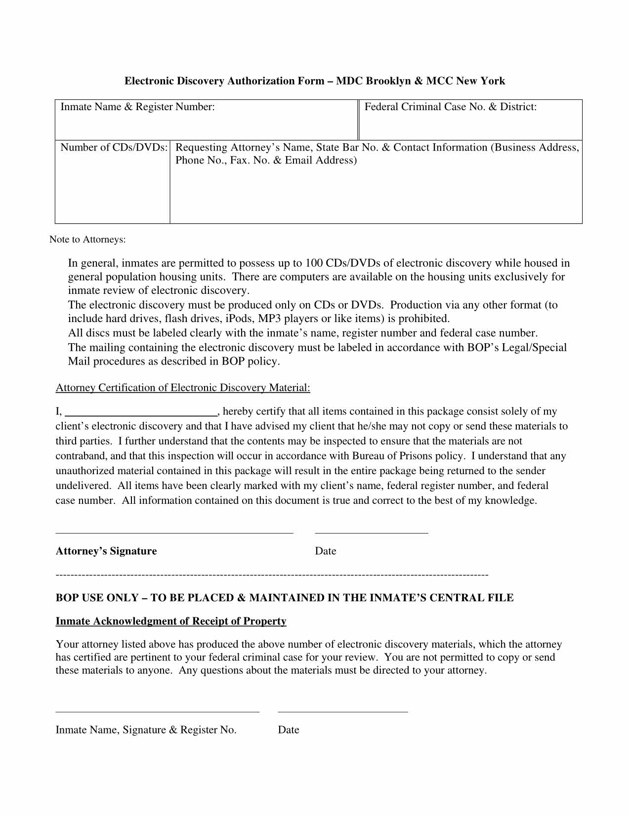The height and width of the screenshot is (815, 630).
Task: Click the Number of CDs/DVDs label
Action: pyautogui.click(x=114, y=148)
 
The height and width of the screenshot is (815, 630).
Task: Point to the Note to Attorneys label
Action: pyautogui.click(x=87, y=240)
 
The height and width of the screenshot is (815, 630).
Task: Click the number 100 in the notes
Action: pyautogui.click(x=314, y=263)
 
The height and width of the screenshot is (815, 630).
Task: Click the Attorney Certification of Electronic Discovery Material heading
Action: pyautogui.click(x=183, y=388)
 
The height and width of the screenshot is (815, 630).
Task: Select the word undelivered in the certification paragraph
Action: pyautogui.click(x=83, y=486)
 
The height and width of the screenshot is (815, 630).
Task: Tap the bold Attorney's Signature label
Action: pyautogui.click(x=106, y=551)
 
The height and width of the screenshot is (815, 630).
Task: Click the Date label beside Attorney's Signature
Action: pyautogui.click(x=325, y=551)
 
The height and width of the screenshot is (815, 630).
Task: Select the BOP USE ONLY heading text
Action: pyautogui.click(x=284, y=598)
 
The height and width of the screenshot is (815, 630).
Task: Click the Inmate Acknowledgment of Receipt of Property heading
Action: pyautogui.click(x=171, y=621)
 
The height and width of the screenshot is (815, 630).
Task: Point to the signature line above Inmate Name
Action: pyautogui.click(x=157, y=712)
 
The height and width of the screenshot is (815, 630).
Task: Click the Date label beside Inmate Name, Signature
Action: pyautogui.click(x=289, y=730)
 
